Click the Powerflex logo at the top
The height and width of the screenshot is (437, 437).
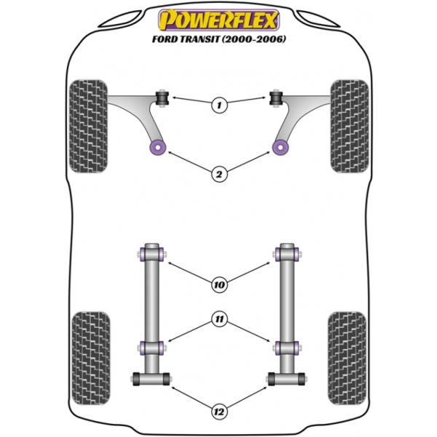pos(219,20)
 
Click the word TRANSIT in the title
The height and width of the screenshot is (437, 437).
pos(200,39)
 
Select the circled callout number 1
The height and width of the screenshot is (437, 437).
pos(219,105)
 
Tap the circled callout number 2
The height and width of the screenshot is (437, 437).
pos(219,174)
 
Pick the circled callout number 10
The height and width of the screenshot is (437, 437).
pos(219,285)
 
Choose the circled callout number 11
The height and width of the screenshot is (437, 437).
pos(219,319)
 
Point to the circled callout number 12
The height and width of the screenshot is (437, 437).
pos(219,412)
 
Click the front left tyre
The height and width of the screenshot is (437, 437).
pos(88,126)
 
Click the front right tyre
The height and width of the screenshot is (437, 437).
pos(350,126)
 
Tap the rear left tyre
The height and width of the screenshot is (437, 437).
pos(91,358)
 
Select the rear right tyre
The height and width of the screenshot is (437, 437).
pos(347,358)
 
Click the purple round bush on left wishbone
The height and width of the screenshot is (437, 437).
pos(158,147)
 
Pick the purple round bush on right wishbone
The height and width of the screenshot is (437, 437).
pos(280,147)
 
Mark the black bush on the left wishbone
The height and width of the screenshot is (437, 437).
pos(162,98)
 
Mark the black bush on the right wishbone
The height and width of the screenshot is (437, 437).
pos(276,98)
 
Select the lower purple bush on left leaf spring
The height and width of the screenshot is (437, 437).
pos(152,348)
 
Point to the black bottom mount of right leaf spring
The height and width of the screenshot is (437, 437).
pos(286,379)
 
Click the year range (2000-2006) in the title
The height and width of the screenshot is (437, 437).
pos(253,39)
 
